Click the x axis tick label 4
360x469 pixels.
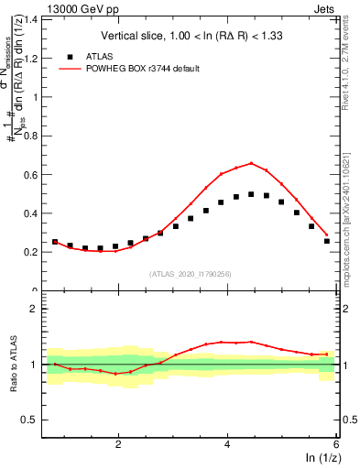coord(227,443)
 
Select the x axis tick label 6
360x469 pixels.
coord(336,443)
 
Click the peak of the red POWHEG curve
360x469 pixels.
coord(251,163)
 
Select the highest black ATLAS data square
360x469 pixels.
coord(251,194)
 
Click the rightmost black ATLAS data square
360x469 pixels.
coord(327,241)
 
